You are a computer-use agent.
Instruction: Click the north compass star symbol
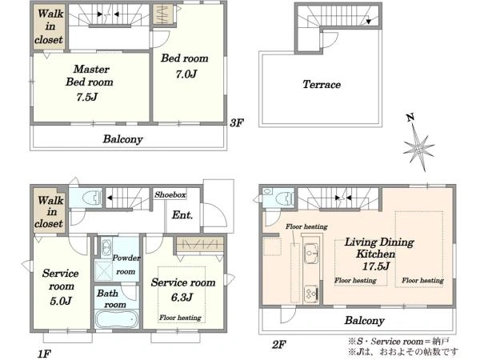click(418, 148)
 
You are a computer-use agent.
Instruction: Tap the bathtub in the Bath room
click(117, 318)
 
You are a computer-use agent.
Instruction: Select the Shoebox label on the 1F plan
click(170, 194)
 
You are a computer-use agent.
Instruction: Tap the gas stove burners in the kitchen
click(311, 294)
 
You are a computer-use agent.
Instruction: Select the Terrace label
click(322, 84)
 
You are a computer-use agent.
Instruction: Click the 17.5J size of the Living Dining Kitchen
click(376, 266)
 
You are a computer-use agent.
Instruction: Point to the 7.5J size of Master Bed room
click(86, 97)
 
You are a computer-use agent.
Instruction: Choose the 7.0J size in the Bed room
click(186, 74)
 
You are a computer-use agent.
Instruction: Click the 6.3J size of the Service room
click(182, 297)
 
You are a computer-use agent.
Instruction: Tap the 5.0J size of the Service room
click(61, 301)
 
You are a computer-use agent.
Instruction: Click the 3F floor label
click(236, 122)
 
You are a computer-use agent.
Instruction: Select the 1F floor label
click(44, 354)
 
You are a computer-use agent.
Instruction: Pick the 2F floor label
click(279, 345)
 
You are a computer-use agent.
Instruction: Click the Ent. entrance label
click(182, 215)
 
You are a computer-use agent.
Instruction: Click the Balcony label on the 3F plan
click(122, 139)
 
